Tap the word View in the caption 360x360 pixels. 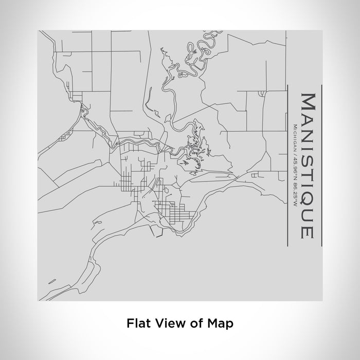pos(169,323)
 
